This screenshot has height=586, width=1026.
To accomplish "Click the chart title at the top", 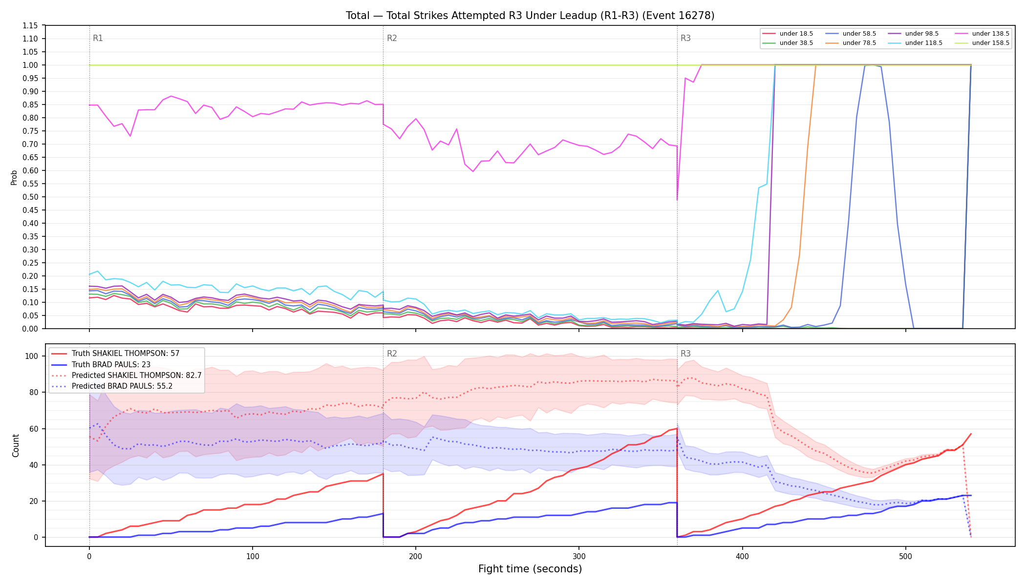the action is pyautogui.click(x=530, y=16).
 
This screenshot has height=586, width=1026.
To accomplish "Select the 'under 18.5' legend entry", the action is pyautogui.click(x=788, y=34).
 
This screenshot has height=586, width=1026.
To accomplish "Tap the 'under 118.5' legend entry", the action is pyautogui.click(x=915, y=43).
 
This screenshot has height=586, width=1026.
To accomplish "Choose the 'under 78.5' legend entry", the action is pyautogui.click(x=851, y=43).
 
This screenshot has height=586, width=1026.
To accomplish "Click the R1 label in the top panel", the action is pyautogui.click(x=98, y=38).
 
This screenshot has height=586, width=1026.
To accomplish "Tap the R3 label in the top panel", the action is pyautogui.click(x=685, y=38).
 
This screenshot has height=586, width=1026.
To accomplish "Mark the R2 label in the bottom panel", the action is pyautogui.click(x=392, y=354).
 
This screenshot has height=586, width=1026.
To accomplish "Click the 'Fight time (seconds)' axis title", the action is pyautogui.click(x=530, y=569).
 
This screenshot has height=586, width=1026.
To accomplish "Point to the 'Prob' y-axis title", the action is pyautogui.click(x=14, y=177).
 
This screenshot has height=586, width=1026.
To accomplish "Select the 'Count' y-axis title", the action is pyautogui.click(x=16, y=445).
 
